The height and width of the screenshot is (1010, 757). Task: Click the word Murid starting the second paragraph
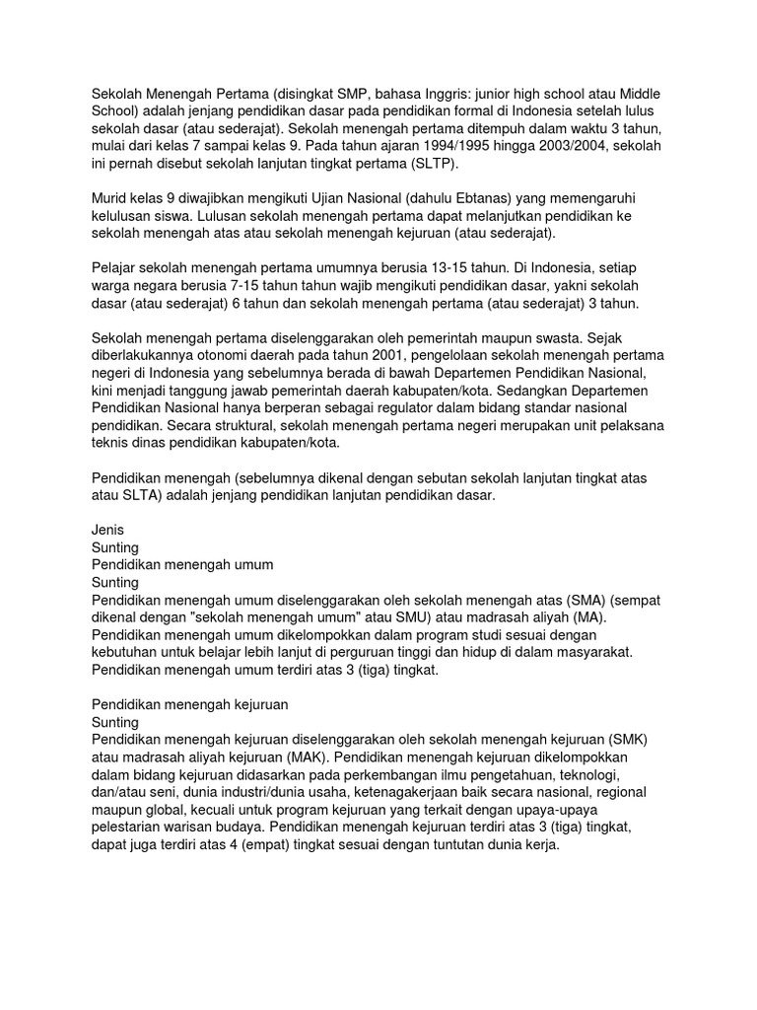(111, 199)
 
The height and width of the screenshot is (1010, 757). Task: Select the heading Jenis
(107, 530)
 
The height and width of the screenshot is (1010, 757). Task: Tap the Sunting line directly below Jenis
(115, 547)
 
